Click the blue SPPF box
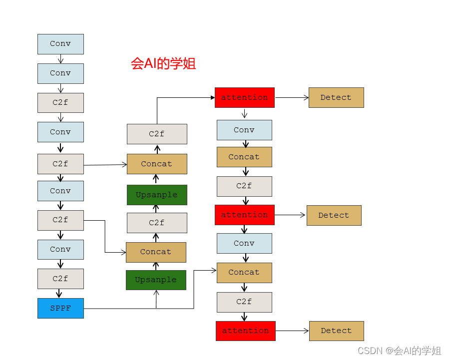60,308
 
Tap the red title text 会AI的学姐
163,63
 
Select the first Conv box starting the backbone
60,44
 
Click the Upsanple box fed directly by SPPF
156,280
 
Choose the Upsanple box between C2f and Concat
157,195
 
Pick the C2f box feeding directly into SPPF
60,279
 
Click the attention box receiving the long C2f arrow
245,97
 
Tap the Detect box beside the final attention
336,331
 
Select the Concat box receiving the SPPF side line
244,273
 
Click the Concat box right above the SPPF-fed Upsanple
156,252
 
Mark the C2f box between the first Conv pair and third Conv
60,103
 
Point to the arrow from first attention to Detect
292,98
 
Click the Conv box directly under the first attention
244,130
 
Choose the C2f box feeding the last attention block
244,302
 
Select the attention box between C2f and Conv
245,215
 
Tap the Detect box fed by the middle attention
334,215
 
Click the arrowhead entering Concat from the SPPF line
214,271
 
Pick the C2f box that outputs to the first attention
157,134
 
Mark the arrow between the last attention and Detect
292,331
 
